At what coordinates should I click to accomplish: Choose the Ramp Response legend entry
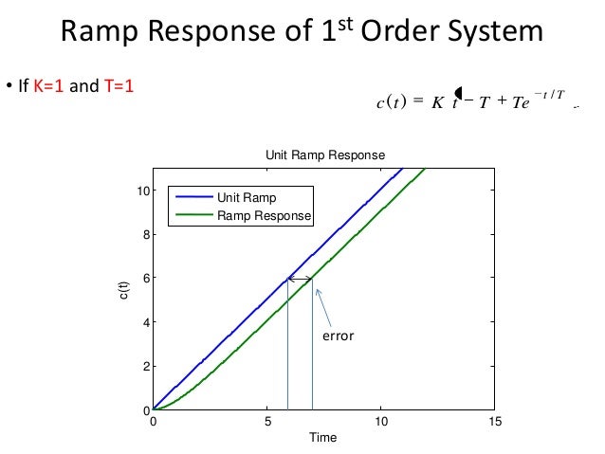[x=264, y=216]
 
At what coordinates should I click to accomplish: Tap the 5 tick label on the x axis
[x=267, y=422]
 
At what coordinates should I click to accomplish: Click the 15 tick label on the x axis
[x=494, y=422]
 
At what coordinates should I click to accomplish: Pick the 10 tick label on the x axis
[x=380, y=422]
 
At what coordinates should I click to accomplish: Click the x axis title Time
[x=323, y=438]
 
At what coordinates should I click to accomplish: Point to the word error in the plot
[x=337, y=336]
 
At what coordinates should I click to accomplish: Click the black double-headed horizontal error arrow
[x=301, y=279]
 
